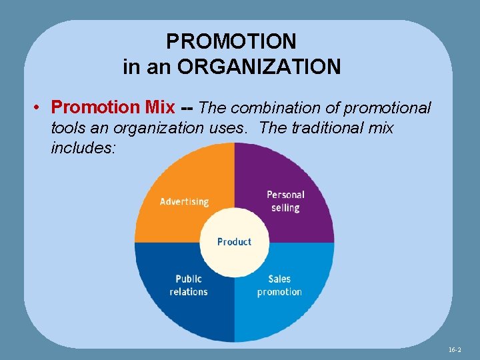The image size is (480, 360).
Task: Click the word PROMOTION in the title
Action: point(231,41)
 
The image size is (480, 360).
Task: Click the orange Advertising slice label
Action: point(184,201)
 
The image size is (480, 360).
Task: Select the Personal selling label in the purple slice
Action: point(285,201)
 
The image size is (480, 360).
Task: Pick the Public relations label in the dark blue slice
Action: point(189,285)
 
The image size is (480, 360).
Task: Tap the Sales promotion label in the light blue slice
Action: point(279,285)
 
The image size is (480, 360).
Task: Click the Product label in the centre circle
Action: point(234,241)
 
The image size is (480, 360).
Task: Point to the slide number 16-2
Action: point(454,349)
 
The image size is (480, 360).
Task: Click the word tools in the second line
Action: point(67,127)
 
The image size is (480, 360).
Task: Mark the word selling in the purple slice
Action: point(285,207)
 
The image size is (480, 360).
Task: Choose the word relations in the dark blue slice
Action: point(189,291)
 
